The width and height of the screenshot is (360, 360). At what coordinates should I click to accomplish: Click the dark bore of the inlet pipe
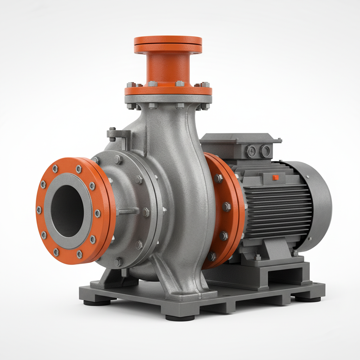[67, 211]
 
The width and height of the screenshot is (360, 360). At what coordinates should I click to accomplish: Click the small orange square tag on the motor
[276, 178]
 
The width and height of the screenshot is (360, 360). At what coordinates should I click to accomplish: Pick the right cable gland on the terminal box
[265, 151]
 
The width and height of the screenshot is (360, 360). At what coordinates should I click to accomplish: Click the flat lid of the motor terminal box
[240, 138]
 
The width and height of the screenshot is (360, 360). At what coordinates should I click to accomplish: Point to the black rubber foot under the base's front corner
[180, 317]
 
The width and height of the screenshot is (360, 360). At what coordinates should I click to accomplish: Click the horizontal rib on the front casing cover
[127, 212]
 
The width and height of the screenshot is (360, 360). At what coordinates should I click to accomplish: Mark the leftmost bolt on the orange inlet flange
[39, 210]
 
